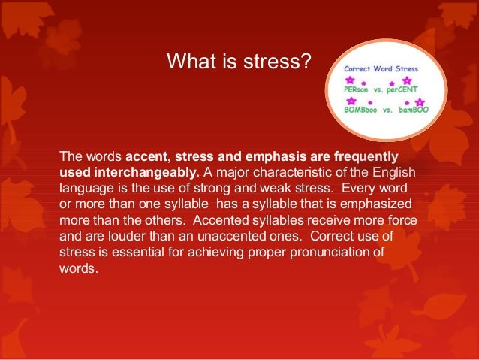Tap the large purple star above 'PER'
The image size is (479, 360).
350,79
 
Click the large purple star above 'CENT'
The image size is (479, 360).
408,79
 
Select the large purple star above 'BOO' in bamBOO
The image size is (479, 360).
420,101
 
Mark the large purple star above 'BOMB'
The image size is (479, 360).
351,101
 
